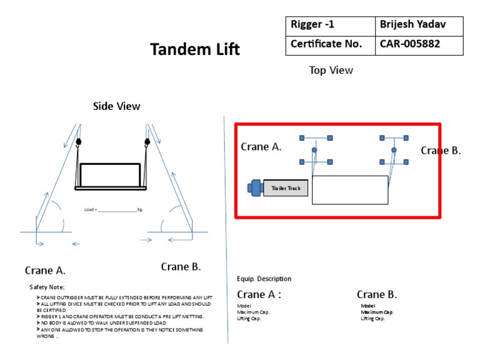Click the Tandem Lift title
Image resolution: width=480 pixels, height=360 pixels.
click(194, 50)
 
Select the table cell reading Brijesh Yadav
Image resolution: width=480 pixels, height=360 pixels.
click(412, 26)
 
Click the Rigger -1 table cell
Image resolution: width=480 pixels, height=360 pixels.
click(312, 26)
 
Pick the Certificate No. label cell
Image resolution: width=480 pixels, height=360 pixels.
click(327, 44)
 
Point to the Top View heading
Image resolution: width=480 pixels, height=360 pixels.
click(331, 71)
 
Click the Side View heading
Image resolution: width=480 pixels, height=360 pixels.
click(117, 106)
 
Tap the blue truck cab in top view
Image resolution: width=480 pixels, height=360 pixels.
click(254, 187)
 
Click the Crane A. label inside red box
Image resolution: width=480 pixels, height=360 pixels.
click(261, 147)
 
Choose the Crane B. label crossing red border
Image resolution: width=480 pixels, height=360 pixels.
click(441, 151)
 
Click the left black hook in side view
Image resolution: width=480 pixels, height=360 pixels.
click(79, 142)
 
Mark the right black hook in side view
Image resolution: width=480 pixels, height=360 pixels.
click(147, 142)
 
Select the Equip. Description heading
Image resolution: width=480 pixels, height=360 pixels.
click(264, 279)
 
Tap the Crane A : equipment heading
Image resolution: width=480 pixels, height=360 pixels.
click(259, 295)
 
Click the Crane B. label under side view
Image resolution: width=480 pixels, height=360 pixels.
click(181, 267)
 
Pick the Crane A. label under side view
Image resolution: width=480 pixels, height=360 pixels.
click(45, 271)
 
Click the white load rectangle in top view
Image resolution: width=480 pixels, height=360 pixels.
click(349, 190)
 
